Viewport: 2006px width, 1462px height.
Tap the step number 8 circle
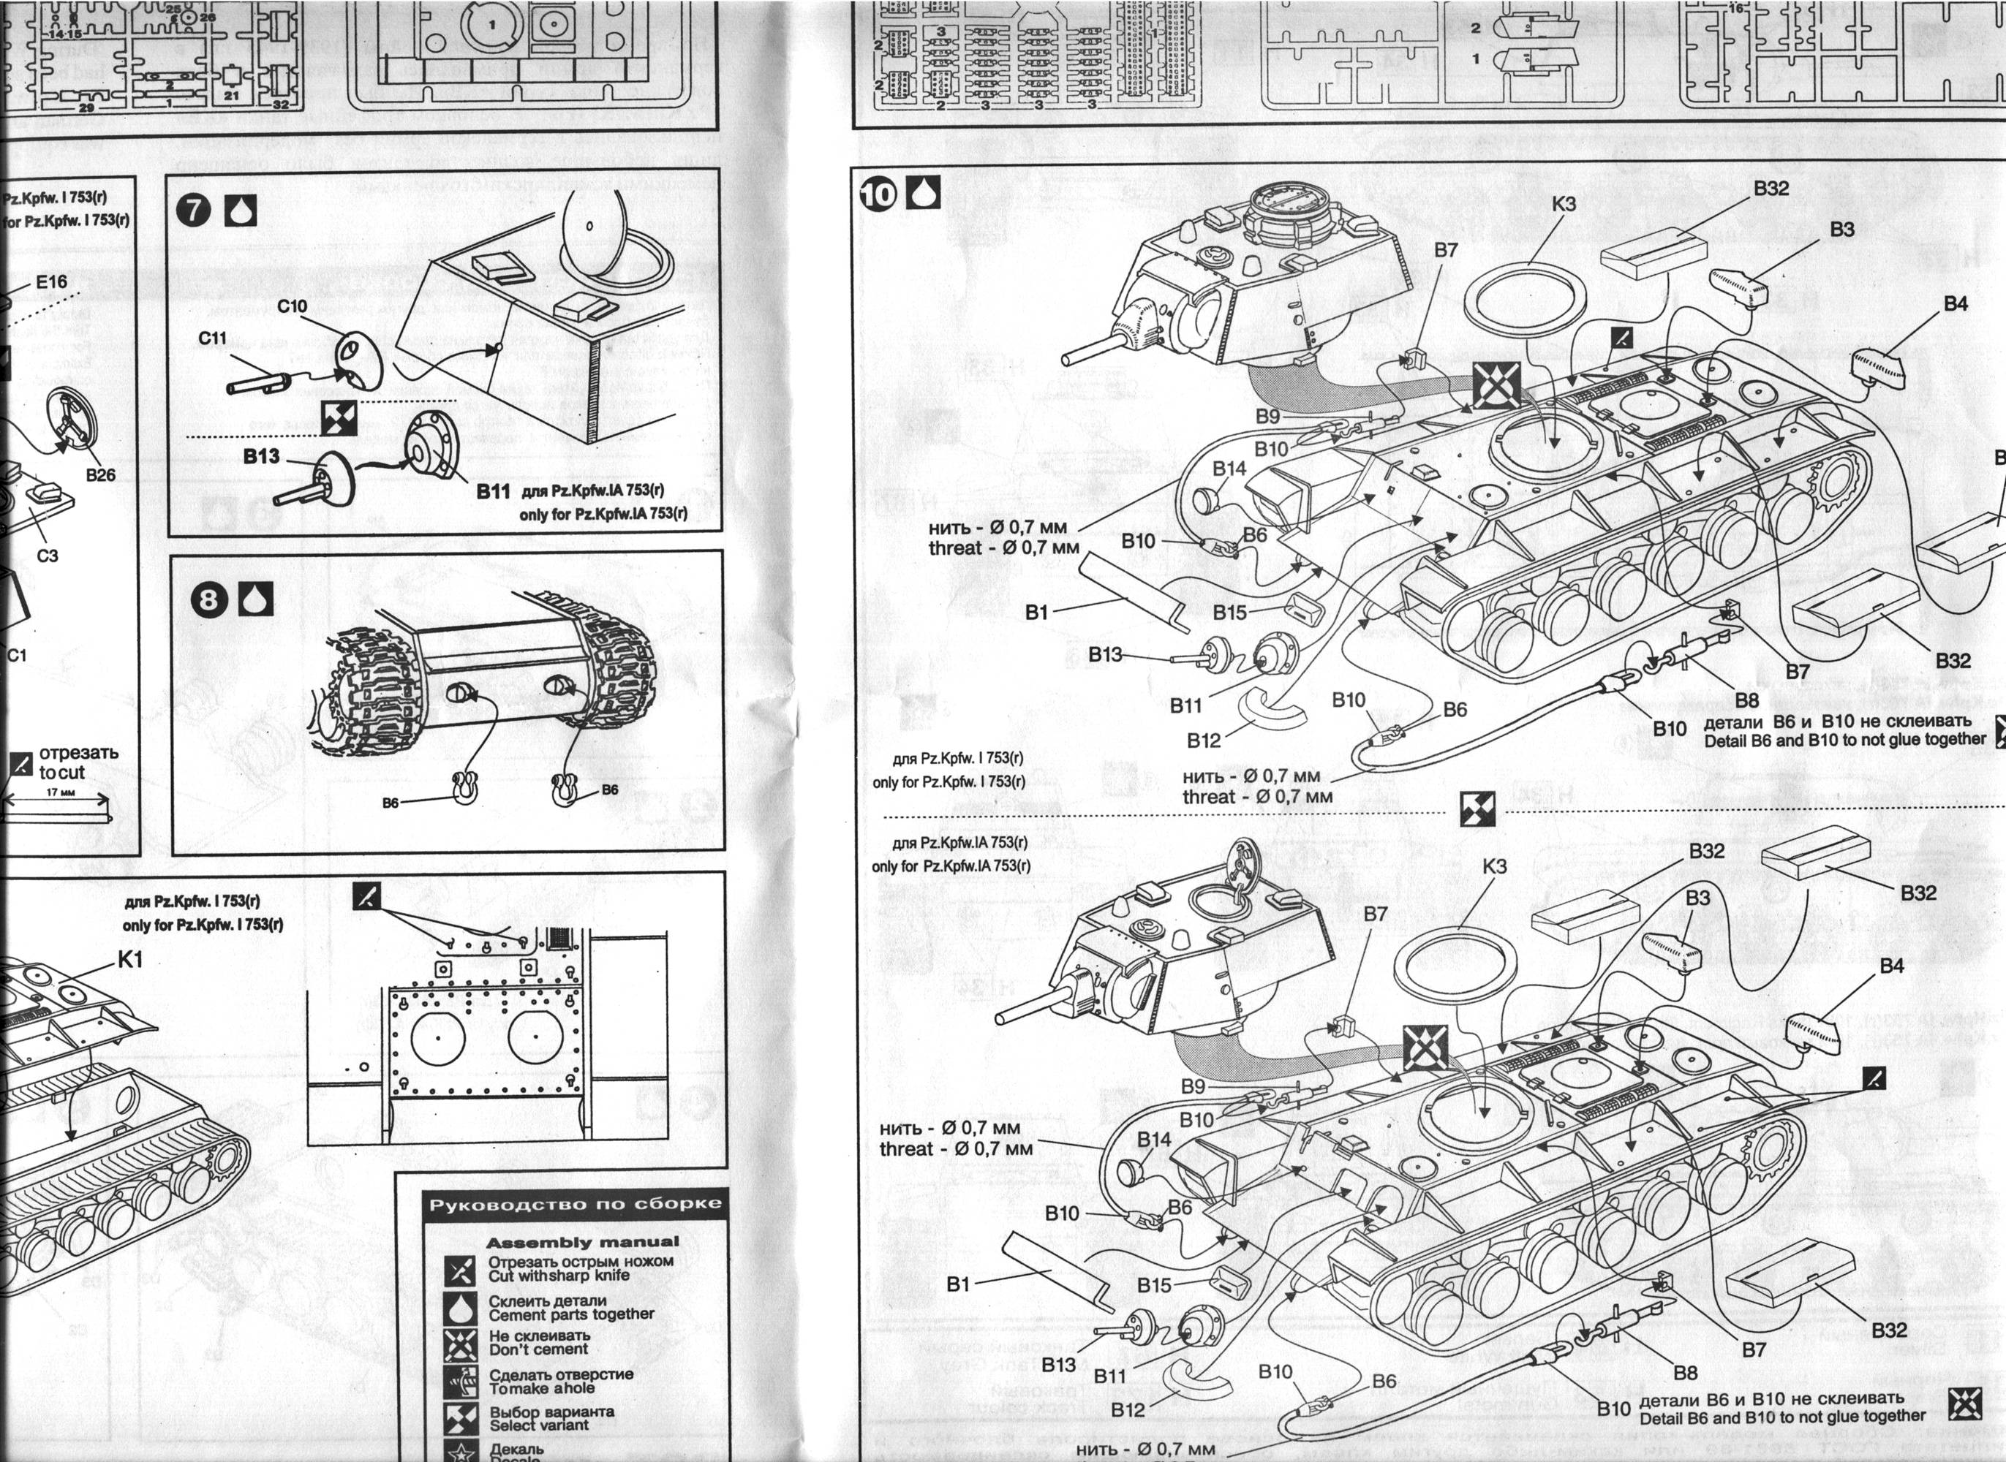click(x=210, y=599)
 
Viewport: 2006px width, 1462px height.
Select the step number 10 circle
click(x=878, y=193)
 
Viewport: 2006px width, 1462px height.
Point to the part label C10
click(x=291, y=306)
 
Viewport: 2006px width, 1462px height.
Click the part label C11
click(x=213, y=338)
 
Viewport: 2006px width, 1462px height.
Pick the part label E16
click(x=51, y=281)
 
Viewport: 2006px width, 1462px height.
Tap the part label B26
click(x=101, y=474)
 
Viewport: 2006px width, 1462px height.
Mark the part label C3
click(x=48, y=555)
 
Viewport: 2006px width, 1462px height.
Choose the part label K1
click(x=129, y=959)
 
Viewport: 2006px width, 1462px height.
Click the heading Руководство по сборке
click(x=576, y=1205)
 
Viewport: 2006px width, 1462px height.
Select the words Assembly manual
click(x=583, y=1242)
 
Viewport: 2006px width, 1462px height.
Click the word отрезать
click(x=78, y=753)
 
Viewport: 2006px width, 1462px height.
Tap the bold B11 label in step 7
click(x=493, y=491)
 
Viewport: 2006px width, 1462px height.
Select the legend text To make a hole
click(x=541, y=1389)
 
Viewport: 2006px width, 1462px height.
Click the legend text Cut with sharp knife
click(x=559, y=1276)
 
